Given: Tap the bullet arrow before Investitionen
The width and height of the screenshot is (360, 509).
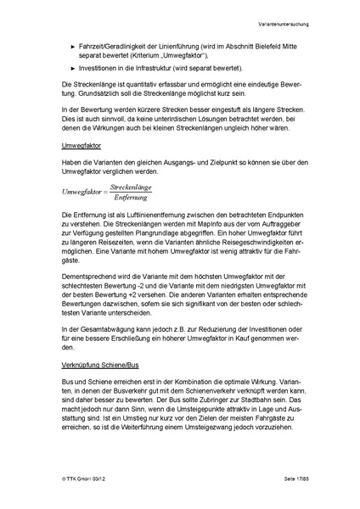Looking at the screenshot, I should pyautogui.click(x=74, y=66).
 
